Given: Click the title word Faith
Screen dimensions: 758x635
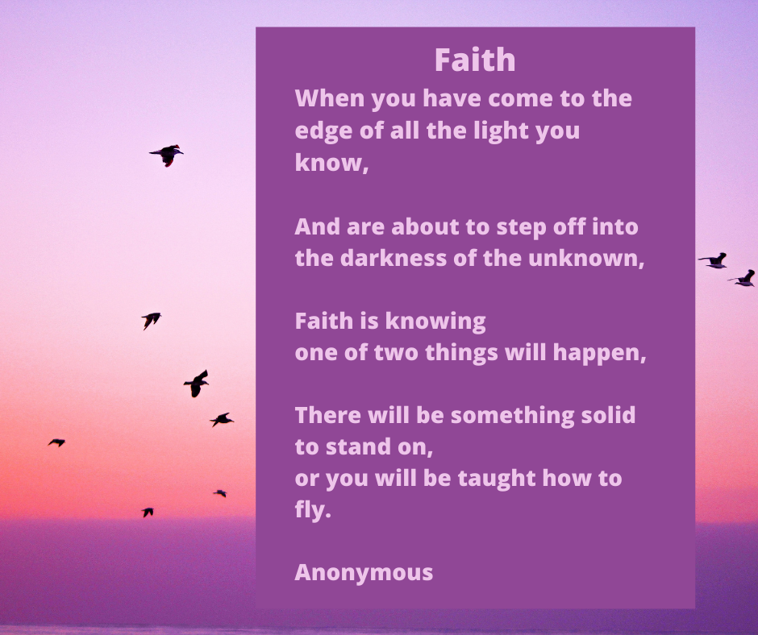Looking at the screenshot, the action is coord(475,60).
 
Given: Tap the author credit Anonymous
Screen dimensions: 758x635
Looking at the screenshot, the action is coord(364,573).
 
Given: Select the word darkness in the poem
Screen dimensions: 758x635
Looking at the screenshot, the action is coord(394,258).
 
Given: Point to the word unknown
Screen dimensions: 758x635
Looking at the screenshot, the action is coord(586,259).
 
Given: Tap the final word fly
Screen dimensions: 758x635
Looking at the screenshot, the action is coord(313,510).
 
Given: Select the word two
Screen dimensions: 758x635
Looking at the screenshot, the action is coord(396,353).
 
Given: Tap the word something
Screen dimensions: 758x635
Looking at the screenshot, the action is coord(512,416).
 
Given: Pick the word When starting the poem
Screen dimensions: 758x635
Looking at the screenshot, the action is coord(330,98).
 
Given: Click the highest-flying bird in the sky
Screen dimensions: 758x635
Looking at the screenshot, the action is coord(166,156).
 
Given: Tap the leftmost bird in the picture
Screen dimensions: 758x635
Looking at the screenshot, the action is coord(56,442).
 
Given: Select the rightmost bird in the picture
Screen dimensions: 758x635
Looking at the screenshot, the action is coord(742,278).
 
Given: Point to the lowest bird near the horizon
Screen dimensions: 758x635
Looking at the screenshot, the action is coord(148,513).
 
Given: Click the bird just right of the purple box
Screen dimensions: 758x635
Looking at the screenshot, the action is coord(714,260).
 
